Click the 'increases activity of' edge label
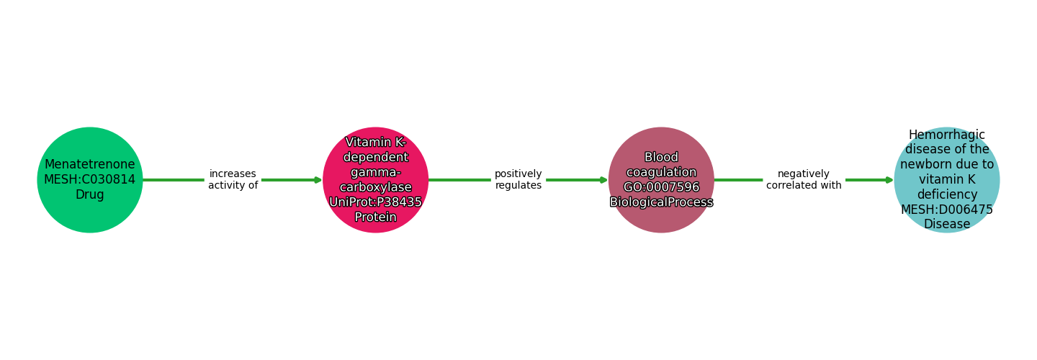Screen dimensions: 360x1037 tap(233, 180)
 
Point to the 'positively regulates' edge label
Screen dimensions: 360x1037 tap(518, 180)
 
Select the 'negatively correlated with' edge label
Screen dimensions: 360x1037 tap(804, 180)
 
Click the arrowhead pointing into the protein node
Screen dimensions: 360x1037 tap(318, 180)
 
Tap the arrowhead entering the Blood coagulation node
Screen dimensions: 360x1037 tap(603, 180)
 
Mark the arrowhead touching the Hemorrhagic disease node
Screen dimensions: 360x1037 tap(889, 180)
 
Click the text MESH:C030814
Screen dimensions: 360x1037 tap(90, 180)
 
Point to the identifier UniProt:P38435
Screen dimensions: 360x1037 tap(375, 202)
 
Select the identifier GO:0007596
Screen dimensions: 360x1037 tap(661, 187)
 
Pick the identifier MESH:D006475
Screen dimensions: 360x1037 tap(947, 210)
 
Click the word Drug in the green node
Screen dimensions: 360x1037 tap(90, 195)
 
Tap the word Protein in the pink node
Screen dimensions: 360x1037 tap(375, 217)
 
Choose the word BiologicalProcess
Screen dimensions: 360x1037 tap(661, 202)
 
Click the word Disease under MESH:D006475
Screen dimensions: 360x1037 tap(947, 224)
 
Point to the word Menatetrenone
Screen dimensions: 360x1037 tap(90, 165)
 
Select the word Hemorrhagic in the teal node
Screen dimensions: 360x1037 tap(947, 135)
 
